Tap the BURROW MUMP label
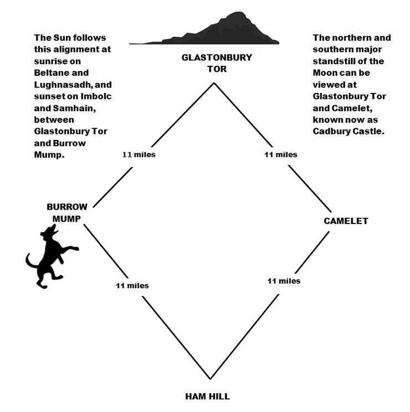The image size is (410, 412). click(66, 212)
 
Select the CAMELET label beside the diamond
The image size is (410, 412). click(346, 221)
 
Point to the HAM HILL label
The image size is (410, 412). click(207, 396)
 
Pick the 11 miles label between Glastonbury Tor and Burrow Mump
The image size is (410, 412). click(139, 154)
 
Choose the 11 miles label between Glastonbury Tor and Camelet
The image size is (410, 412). click(281, 154)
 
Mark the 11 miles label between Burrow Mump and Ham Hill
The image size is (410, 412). click(132, 285)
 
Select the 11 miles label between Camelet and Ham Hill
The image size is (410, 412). click(284, 281)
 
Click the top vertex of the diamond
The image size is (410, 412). click(213, 83)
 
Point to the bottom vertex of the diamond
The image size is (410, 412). click(211, 379)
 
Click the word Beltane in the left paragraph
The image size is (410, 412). click(50, 72)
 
